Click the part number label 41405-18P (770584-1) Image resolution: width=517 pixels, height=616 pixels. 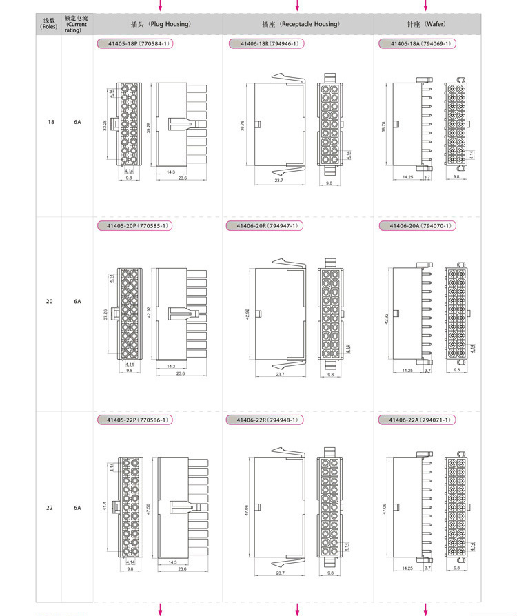134,43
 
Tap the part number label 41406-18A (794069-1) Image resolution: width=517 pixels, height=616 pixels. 416,43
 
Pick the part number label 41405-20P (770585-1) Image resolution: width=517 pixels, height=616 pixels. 134,225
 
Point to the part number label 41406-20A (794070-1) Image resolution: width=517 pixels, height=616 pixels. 416,225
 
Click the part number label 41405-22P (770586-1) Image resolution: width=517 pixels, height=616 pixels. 134,420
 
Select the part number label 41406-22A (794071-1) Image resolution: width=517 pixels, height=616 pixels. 416,420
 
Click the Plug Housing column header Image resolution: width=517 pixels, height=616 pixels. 161,24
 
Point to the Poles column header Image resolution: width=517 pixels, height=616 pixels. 49,24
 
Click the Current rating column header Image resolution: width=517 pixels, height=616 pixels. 77,24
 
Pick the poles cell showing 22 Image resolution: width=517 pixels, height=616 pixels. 50,508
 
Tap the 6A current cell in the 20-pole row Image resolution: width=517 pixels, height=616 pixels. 77,301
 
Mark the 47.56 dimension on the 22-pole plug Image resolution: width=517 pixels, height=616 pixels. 148,509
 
